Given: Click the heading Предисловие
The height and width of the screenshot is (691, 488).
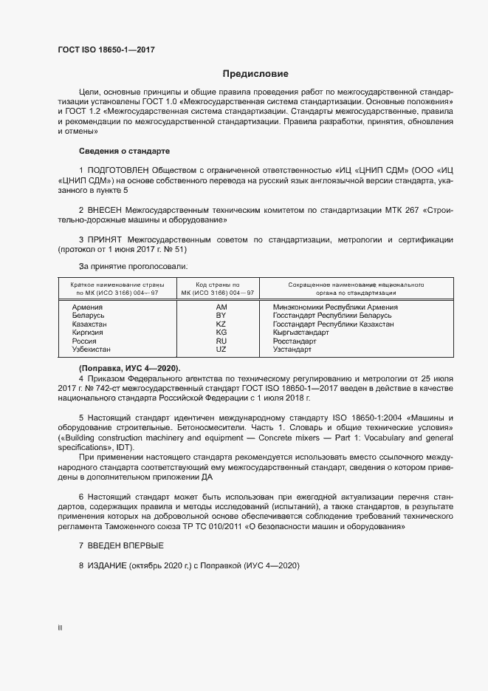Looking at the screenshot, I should pyautogui.click(x=255, y=74).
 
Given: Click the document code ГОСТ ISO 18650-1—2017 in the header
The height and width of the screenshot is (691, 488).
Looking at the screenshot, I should pyautogui.click(x=106, y=50).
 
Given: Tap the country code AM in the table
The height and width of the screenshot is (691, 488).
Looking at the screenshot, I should pyautogui.click(x=221, y=307).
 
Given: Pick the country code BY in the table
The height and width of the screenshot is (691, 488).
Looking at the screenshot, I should pyautogui.click(x=221, y=316).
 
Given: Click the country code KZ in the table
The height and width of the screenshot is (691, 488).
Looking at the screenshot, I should pyautogui.click(x=221, y=324).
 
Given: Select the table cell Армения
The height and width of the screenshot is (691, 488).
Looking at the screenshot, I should pyautogui.click(x=87, y=307).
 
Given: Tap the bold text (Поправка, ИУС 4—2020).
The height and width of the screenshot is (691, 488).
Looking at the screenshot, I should pyautogui.click(x=129, y=368).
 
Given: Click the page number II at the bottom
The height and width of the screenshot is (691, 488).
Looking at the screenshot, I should pyautogui.click(x=60, y=627).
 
